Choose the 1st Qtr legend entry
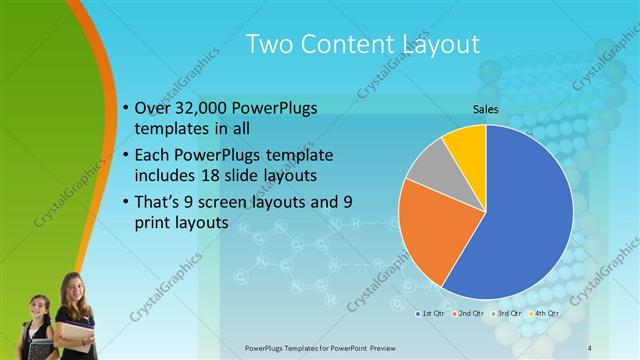432,313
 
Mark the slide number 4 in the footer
590,346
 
